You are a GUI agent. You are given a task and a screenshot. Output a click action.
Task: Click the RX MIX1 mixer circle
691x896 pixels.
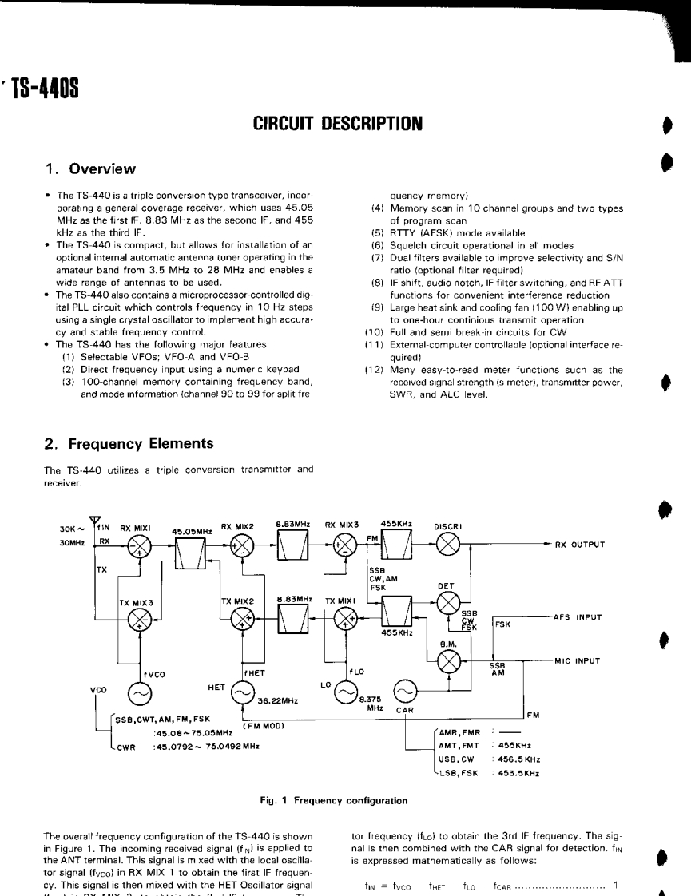(x=141, y=547)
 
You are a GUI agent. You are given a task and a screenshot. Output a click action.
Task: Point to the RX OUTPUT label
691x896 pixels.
(x=576, y=545)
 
